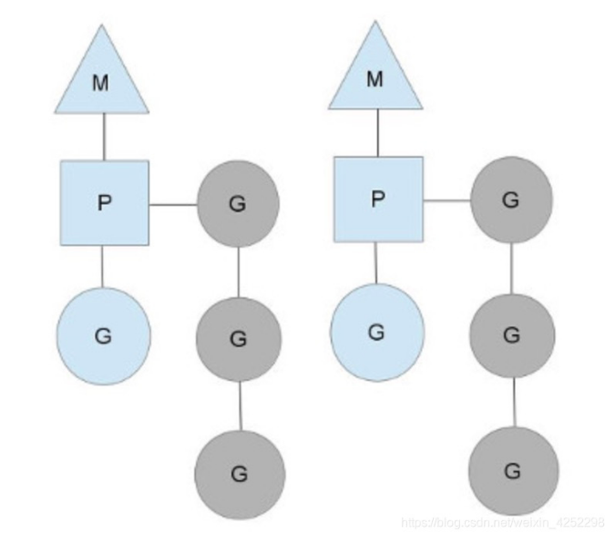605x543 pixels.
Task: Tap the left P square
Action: pos(104,202)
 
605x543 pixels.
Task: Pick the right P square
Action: pos(378,199)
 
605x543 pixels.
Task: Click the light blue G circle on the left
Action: pos(102,334)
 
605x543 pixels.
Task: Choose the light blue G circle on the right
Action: pos(376,332)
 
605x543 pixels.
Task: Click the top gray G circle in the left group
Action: pos(238,203)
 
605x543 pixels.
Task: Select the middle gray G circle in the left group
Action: pos(238,339)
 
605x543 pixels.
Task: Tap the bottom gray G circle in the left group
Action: pos(240,473)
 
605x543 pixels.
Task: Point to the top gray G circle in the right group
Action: pos(511,200)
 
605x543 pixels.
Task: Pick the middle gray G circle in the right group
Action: pos(512,335)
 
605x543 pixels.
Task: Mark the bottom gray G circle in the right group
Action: pos(513,470)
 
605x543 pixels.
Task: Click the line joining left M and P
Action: pos(102,137)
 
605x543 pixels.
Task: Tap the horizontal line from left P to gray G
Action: pos(173,205)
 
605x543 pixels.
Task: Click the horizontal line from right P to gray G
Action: pos(446,201)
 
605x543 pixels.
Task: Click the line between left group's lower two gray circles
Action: pos(240,406)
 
